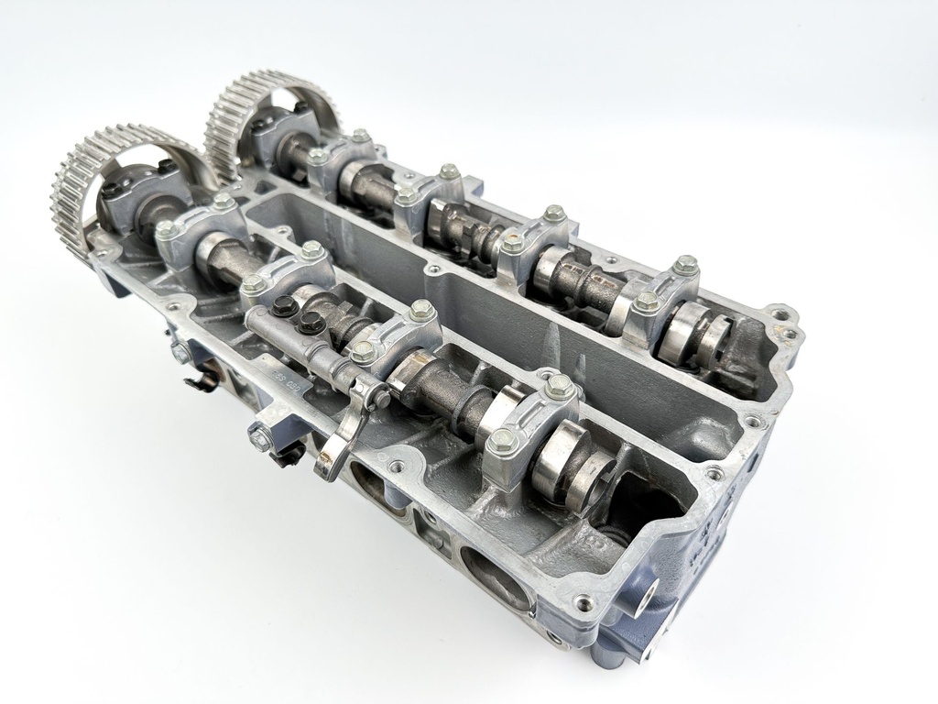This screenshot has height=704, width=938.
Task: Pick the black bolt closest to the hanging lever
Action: coord(312,321)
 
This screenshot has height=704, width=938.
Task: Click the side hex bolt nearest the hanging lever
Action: coord(260,438)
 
